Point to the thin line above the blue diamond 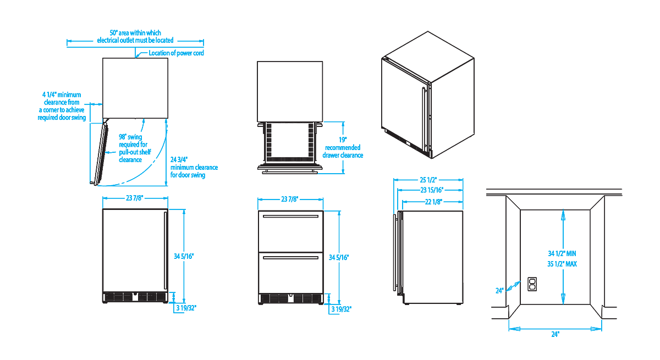pyautogui.click(x=563, y=206)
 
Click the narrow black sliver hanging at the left pyautogui.click(x=97, y=159)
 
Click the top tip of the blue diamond pyautogui.click(x=563, y=212)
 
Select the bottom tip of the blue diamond pyautogui.click(x=563, y=302)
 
